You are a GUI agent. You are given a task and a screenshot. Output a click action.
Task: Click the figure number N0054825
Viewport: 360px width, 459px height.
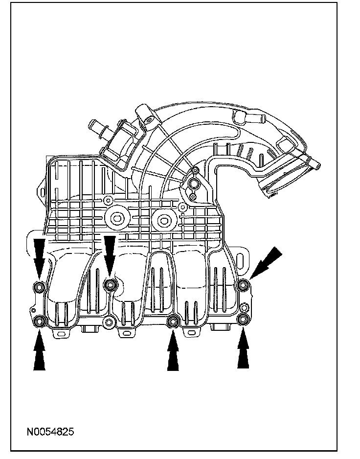50,432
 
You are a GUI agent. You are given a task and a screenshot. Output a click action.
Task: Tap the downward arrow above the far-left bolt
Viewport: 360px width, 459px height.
38,254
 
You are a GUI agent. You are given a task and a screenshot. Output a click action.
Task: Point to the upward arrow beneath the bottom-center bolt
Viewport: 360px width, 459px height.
173,352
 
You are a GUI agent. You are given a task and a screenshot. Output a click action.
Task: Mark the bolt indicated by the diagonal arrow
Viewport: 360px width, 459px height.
242,285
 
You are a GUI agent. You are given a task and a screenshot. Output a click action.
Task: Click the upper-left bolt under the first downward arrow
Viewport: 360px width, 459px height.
38,287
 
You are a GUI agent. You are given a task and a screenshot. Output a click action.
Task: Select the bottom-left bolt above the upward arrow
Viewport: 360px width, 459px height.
39,321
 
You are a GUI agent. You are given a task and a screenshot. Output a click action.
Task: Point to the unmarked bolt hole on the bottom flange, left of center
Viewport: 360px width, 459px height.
109,321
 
